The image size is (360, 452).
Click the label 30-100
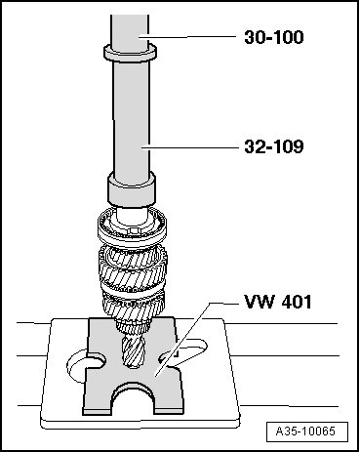[x=274, y=37]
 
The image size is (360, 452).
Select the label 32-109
[x=274, y=146]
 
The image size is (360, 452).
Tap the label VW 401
[x=278, y=302]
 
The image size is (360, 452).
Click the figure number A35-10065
[x=305, y=431]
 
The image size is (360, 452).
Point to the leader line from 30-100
[x=187, y=37]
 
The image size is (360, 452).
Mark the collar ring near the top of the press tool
[x=130, y=53]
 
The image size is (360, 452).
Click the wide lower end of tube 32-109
[x=131, y=190]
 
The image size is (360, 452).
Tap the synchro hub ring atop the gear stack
[x=133, y=226]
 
